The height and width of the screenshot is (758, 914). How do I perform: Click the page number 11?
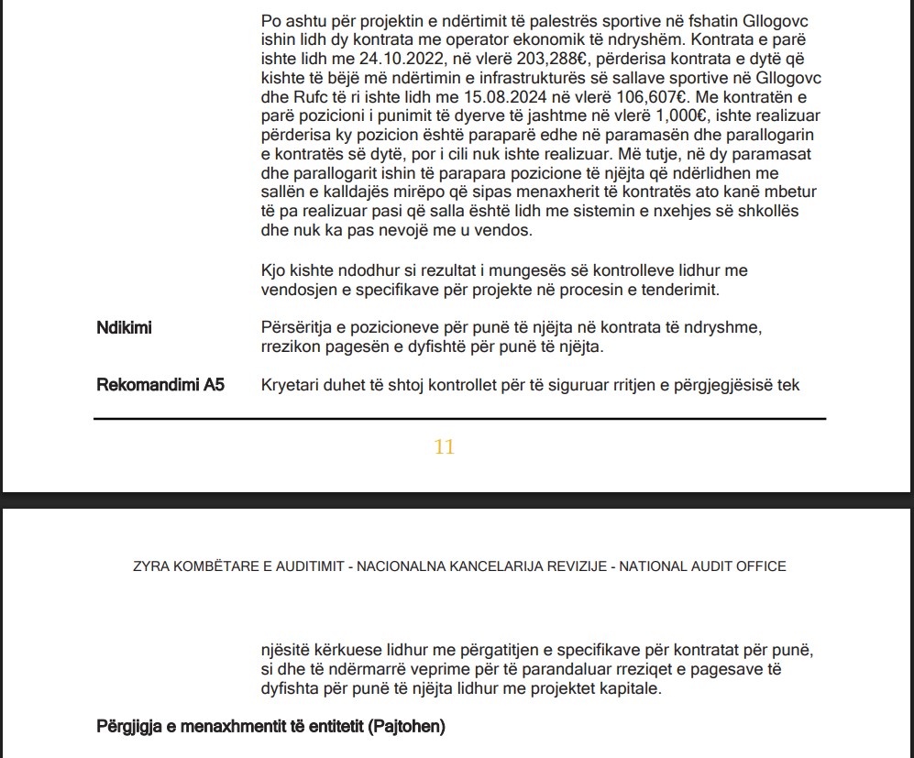445,447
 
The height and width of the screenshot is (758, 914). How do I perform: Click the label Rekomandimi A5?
160,385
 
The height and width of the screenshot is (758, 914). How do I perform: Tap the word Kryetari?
290,385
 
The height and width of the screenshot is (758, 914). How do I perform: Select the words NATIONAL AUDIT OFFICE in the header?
703,566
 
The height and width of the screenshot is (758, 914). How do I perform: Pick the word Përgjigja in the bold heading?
128,728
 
